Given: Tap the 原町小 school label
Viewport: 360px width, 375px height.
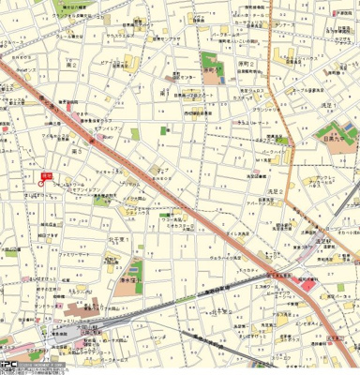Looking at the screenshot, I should (213, 68).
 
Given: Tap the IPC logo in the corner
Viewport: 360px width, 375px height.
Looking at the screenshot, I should (9, 367).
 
